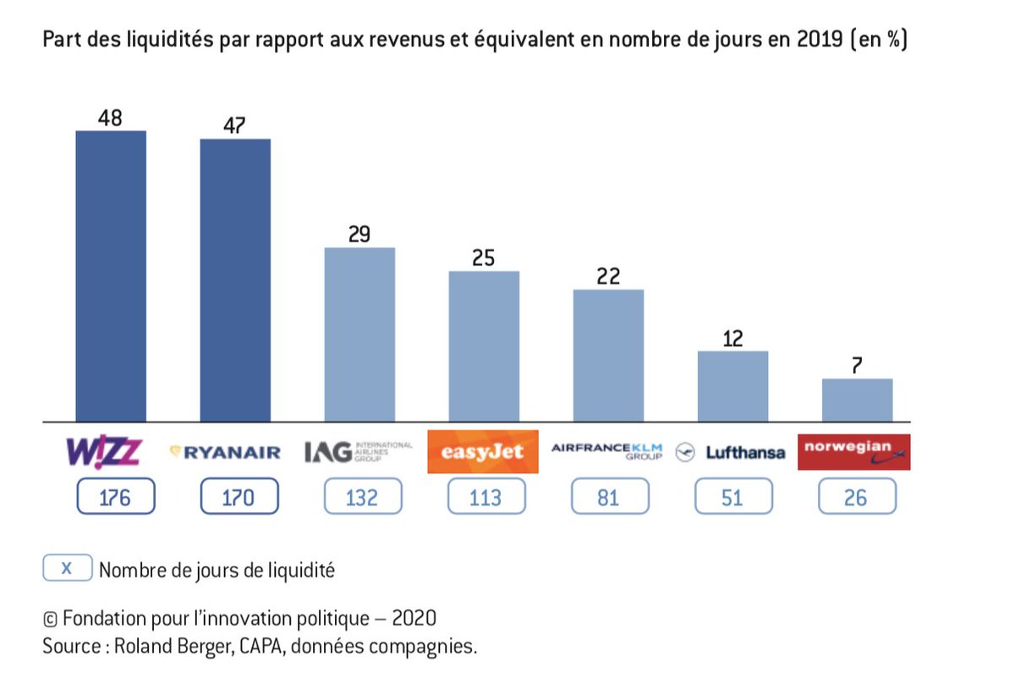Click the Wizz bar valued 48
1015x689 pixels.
tap(111, 275)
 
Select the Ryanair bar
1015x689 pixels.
tap(235, 279)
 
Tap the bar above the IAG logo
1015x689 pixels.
tap(359, 333)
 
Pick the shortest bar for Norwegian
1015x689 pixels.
tap(857, 400)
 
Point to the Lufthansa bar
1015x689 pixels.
tap(732, 386)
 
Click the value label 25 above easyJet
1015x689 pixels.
tap(483, 258)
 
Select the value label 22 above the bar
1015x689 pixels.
tap(608, 277)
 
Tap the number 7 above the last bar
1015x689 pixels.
tap(857, 367)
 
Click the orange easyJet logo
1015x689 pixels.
tap(483, 452)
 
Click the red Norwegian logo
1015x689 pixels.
tap(858, 452)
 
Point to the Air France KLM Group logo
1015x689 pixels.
tap(607, 450)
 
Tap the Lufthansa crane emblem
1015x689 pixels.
tap(685, 453)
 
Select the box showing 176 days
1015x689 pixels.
tap(115, 497)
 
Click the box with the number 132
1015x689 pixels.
tap(363, 497)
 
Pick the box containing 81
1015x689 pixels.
tap(608, 497)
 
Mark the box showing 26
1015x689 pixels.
tap(857, 497)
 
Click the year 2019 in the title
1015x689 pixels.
tap(818, 41)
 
